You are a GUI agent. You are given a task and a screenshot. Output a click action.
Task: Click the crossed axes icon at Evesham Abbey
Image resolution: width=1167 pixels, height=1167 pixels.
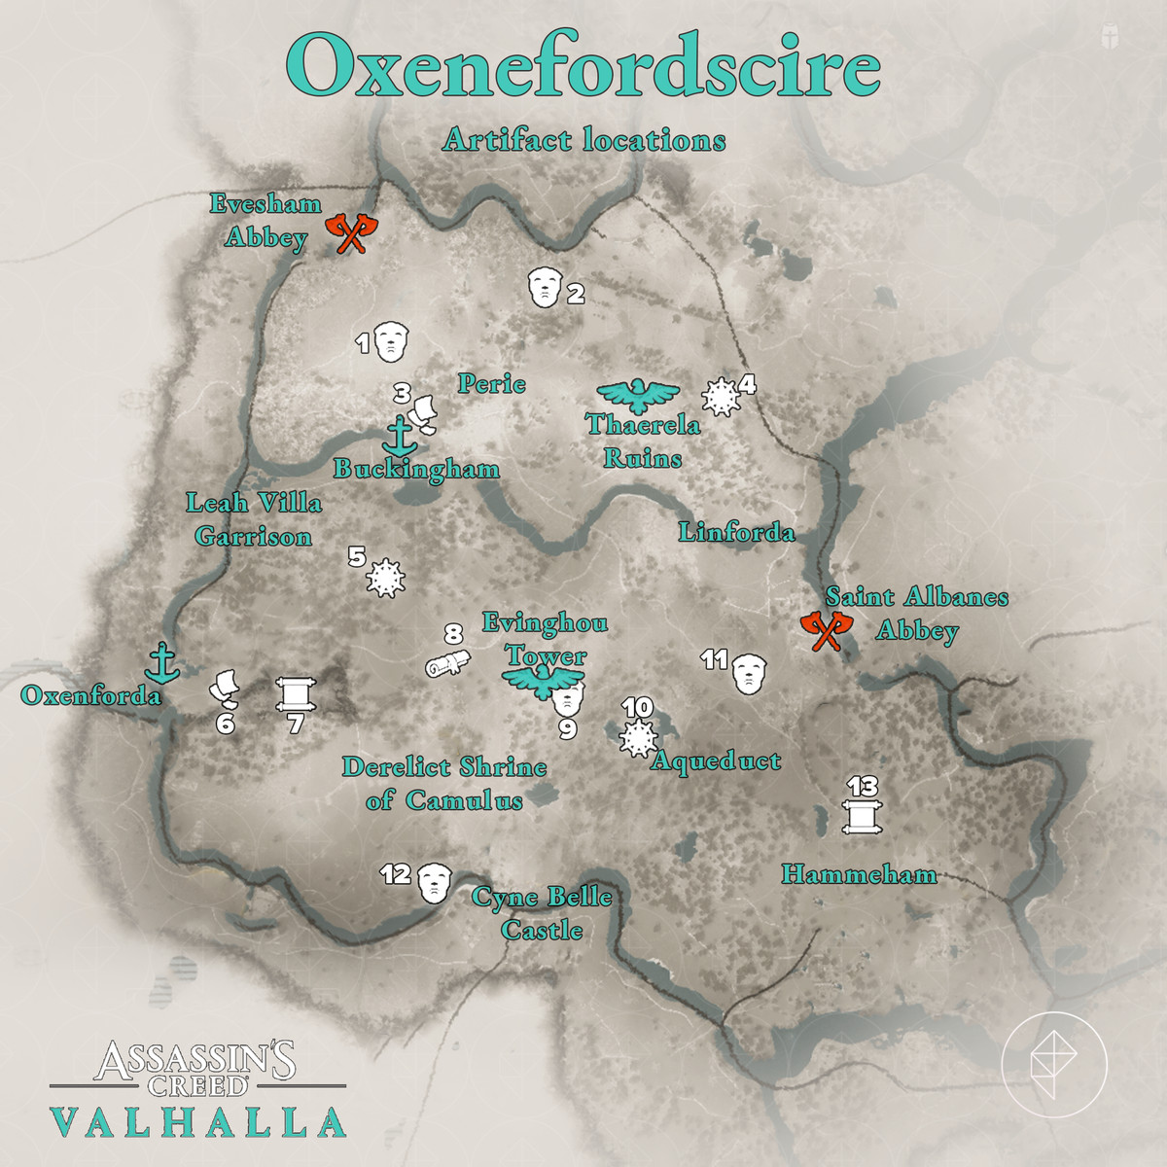click(349, 233)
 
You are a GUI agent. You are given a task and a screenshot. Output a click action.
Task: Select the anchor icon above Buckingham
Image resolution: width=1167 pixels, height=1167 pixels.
click(399, 435)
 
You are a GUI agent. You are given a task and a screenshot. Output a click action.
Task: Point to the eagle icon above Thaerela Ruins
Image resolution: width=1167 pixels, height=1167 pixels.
click(638, 394)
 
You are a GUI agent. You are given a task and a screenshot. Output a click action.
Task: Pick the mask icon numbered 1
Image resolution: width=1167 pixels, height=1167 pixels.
click(392, 341)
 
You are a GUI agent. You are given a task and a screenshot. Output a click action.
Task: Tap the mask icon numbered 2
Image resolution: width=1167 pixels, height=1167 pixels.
click(545, 287)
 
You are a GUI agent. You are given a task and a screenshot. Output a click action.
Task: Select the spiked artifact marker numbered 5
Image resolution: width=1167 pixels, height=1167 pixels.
click(385, 579)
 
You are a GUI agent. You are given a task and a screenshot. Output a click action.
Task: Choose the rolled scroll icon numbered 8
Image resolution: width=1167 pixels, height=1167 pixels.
click(447, 664)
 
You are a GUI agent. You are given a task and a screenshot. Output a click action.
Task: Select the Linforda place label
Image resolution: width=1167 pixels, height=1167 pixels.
click(736, 532)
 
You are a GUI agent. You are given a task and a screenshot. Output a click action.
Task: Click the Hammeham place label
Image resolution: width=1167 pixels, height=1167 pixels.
click(859, 874)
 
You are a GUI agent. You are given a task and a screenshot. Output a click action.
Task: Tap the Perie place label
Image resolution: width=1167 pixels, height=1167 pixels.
click(492, 384)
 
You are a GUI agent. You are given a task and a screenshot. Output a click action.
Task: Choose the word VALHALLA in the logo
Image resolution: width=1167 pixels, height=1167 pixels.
click(198, 1121)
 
